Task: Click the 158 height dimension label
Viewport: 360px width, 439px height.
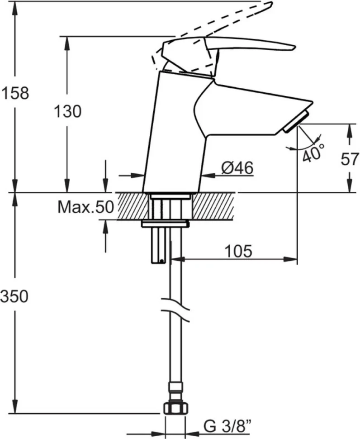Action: click(15, 93)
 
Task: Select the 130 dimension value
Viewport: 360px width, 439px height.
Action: click(67, 111)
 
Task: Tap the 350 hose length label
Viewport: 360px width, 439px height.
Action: click(14, 296)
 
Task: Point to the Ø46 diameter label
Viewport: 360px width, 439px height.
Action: click(237, 168)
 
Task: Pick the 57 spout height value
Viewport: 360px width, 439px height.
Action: click(350, 159)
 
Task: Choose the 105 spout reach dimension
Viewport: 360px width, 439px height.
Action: click(238, 251)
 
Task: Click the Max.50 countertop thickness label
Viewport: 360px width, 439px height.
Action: click(85, 207)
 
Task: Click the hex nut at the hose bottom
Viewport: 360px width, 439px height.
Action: click(175, 408)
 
